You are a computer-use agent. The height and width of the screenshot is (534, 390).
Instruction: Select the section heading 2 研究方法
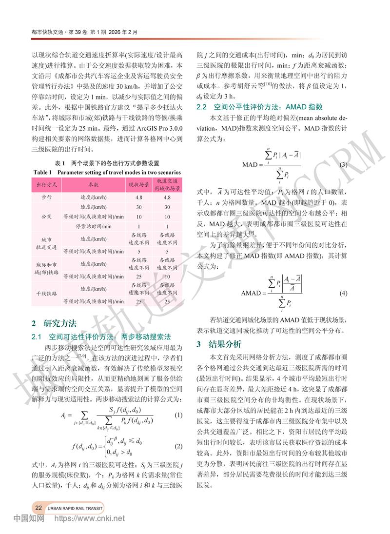tap(53, 322)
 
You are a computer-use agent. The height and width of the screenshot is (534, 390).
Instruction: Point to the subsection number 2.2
tap(202, 107)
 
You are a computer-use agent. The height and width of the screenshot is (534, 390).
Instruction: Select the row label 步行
tap(47, 198)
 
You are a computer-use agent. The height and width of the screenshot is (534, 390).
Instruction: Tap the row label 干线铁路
tap(47, 294)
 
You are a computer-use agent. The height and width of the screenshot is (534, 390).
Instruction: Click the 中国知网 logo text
tap(29, 518)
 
